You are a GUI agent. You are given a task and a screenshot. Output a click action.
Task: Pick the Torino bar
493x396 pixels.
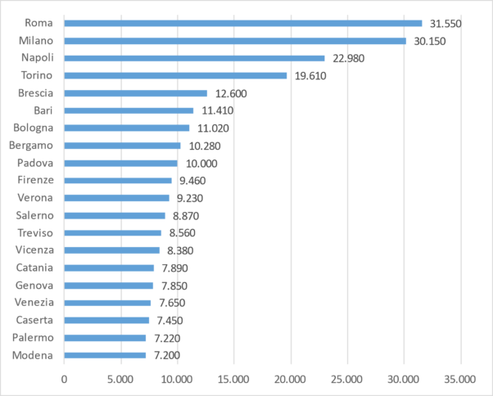point(175,75)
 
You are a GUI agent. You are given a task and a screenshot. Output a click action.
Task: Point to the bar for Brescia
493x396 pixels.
point(135,93)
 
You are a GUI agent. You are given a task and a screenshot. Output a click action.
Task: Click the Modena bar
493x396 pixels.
point(105,355)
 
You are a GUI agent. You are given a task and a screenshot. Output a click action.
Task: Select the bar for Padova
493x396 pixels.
point(120,163)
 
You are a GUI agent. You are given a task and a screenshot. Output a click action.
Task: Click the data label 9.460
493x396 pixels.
point(193,180)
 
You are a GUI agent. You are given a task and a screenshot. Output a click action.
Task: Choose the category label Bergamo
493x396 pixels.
point(31,146)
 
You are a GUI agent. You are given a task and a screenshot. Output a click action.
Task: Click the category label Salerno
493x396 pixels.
point(34,215)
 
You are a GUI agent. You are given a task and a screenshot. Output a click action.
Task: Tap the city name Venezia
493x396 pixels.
point(34,303)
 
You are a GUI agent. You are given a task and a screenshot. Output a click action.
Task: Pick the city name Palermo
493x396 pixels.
point(33,337)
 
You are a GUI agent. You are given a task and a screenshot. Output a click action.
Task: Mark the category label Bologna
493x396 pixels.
point(34,128)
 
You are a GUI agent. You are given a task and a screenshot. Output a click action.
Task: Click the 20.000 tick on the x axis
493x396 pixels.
point(290,379)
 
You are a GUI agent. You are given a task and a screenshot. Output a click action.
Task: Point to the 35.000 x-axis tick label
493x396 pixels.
point(459,379)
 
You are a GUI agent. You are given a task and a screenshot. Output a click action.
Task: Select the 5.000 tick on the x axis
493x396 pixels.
point(120,379)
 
